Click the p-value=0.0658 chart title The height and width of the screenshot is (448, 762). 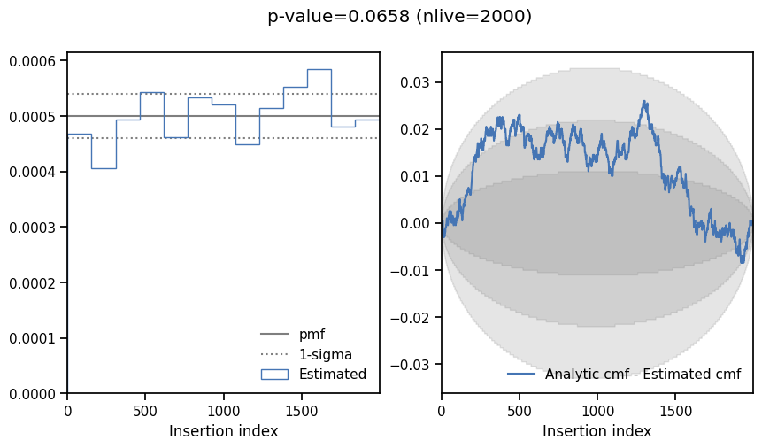tap(399, 16)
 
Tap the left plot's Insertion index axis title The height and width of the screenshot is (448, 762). tap(223, 431)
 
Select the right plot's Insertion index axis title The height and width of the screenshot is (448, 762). tap(597, 431)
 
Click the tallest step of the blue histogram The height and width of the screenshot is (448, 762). tap(319, 69)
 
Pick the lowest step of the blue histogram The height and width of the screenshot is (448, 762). tap(104, 168)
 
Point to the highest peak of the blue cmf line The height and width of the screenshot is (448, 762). tap(644, 101)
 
